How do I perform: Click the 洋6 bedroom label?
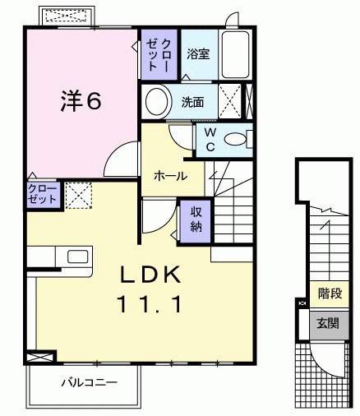point(79,100)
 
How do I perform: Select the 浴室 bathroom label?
point(198,54)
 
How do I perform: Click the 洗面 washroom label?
point(193,103)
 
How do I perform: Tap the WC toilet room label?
point(210,138)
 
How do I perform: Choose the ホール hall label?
point(170,176)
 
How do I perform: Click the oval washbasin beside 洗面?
point(156,102)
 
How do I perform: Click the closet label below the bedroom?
point(42,194)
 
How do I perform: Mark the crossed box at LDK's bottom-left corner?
point(38,358)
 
